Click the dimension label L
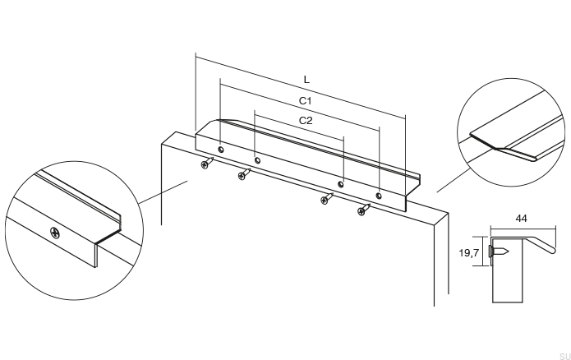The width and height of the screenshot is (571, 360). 306,80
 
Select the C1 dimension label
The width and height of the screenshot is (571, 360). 304,100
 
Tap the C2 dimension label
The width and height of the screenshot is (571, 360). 306,120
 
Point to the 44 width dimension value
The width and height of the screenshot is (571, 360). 520,219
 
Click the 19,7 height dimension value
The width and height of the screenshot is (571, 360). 468,253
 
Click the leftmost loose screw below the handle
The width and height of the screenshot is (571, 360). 206,164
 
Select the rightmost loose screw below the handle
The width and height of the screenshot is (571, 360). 362,211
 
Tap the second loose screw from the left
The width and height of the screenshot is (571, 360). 244,174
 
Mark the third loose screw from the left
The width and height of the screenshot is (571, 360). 326,200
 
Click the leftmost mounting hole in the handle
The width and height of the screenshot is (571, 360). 221,150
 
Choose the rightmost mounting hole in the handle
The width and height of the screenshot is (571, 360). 379,196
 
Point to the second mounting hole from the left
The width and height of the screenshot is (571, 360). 257,160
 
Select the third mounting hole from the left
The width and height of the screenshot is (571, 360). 341,185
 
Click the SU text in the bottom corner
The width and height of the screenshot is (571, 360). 564,355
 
